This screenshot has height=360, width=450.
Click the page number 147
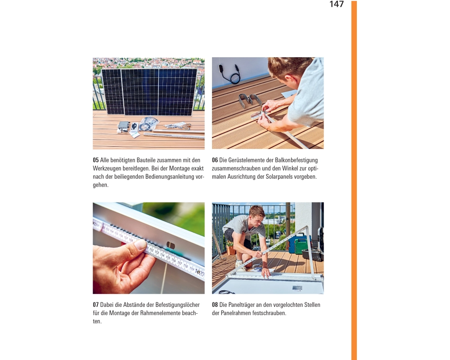coord(336,4)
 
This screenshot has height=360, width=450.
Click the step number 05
coord(95,160)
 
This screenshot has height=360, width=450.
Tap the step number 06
coord(215,160)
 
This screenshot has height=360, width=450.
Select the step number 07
coord(95,305)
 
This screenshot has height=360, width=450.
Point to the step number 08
coord(215,305)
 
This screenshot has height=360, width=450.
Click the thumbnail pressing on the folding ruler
coord(140,245)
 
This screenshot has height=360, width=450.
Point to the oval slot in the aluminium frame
coord(171,245)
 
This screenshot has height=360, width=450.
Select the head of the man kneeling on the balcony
coord(257,215)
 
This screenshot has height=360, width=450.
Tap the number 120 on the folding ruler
coord(200,272)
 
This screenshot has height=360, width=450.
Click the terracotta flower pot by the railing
coord(230,249)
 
